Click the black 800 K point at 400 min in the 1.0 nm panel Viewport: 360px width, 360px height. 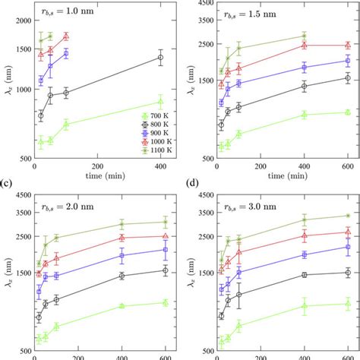click(160, 57)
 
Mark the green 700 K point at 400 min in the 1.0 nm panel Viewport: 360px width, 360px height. click(160, 102)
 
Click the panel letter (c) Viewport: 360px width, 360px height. click(7, 184)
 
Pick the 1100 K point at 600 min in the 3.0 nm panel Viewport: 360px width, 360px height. click(347, 216)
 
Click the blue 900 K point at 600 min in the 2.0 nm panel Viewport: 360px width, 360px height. click(166, 249)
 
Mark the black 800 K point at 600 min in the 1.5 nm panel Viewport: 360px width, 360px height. click(347, 77)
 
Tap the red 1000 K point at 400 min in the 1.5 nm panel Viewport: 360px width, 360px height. click(304, 46)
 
